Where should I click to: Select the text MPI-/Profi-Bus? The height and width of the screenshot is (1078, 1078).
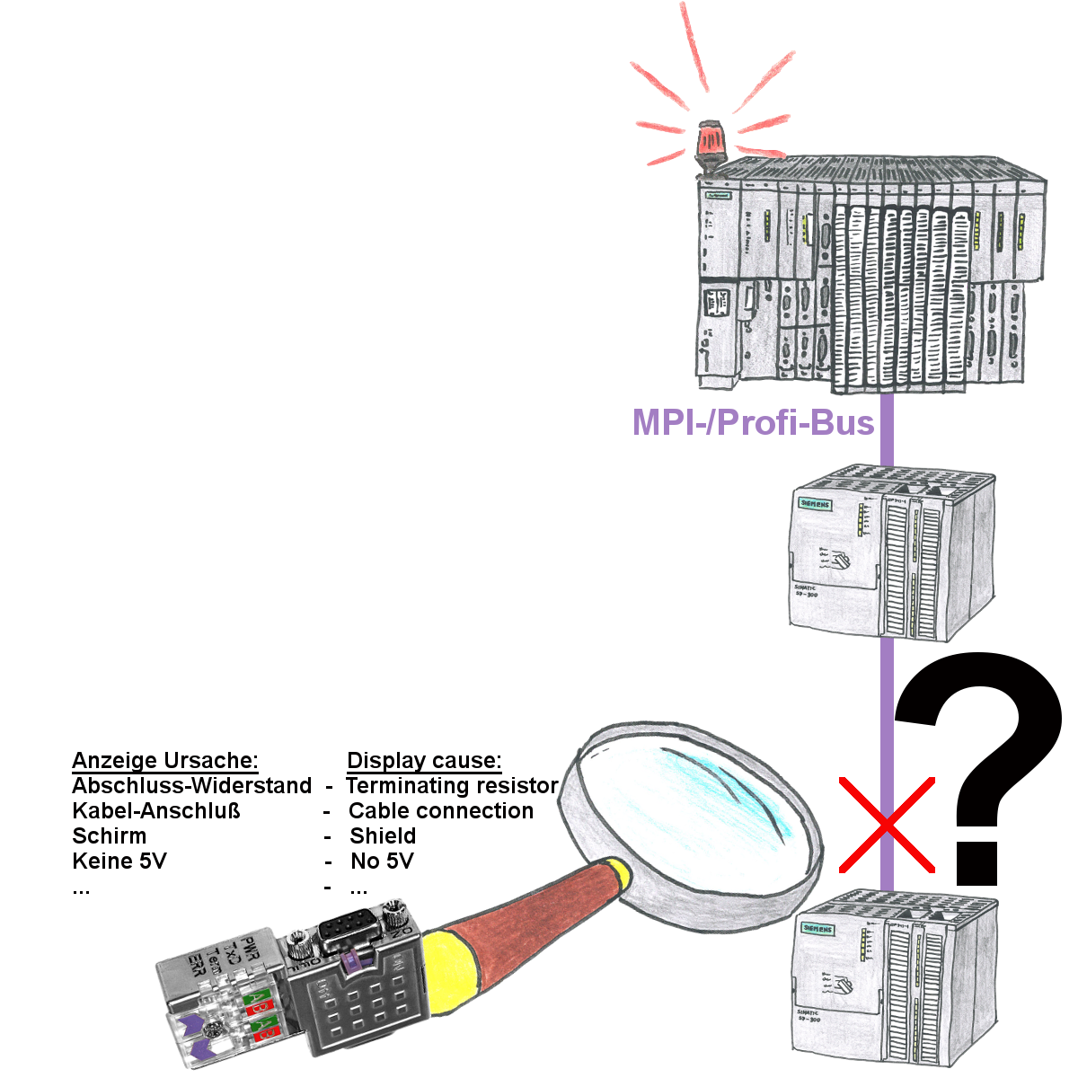point(754,420)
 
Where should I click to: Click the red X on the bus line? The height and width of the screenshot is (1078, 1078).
point(887,825)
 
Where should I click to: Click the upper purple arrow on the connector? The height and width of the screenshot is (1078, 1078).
point(194,1024)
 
